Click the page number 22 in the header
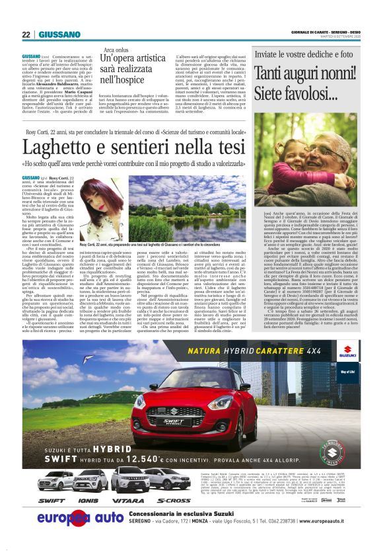click(x=26, y=34)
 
